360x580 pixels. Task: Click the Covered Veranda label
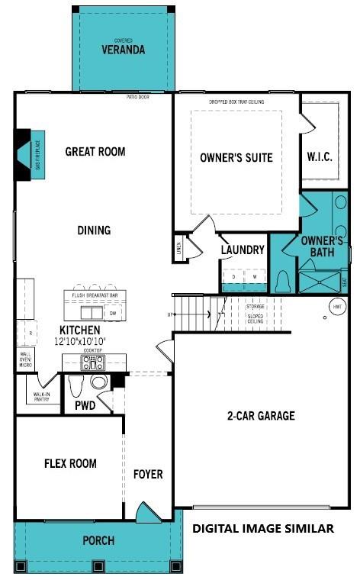123,49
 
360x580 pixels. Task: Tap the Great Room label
95,151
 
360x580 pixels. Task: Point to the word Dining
94,230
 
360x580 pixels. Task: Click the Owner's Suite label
236,158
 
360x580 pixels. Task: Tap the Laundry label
243,250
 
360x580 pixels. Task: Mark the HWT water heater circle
337,307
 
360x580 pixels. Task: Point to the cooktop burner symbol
93,362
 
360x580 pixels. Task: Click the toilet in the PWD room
98,382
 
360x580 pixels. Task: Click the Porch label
98,540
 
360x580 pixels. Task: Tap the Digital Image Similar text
262,528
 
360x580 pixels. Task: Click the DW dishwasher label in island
112,313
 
